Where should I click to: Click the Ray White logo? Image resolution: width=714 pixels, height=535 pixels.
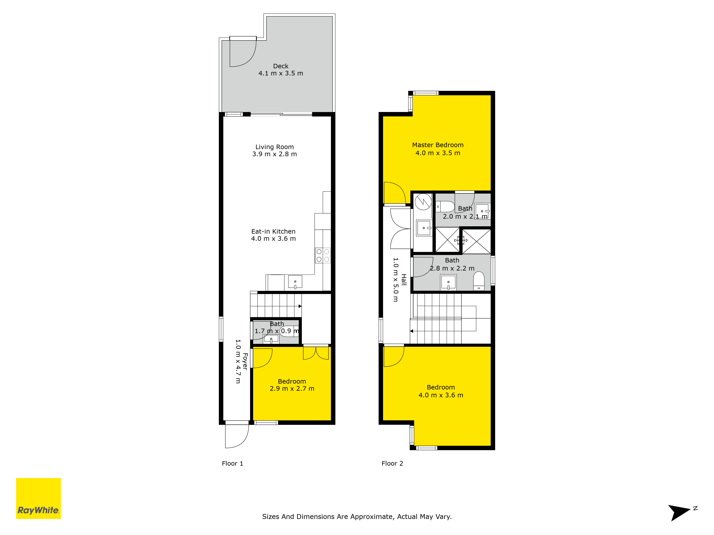pos(38,498)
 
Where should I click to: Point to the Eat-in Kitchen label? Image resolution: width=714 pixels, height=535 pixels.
pos(273,235)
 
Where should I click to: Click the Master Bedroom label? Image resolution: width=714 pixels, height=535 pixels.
pos(438,149)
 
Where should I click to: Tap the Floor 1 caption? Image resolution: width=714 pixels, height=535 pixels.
pos(232,463)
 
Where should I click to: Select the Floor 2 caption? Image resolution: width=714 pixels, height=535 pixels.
pos(392,463)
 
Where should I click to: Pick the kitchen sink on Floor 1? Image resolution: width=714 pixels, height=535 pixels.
pos(295,282)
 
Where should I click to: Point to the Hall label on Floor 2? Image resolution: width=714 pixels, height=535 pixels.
pos(404,280)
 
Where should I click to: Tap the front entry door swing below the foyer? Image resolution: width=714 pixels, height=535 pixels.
pos(237,436)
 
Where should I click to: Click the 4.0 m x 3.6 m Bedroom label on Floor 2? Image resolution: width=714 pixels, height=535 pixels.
pos(441,391)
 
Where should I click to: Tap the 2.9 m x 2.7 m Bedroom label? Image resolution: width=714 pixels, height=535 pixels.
pos(292,385)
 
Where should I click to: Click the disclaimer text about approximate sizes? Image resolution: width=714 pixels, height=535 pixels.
pos(357,517)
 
